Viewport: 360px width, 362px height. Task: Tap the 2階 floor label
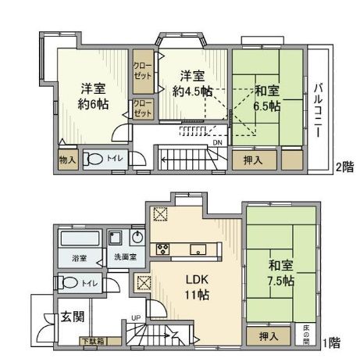click(344, 166)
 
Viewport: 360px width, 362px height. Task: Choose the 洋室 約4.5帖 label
click(194, 83)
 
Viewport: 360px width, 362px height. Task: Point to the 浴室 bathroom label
click(80, 256)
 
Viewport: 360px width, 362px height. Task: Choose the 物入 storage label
click(67, 159)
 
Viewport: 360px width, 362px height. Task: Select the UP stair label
click(137, 318)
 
